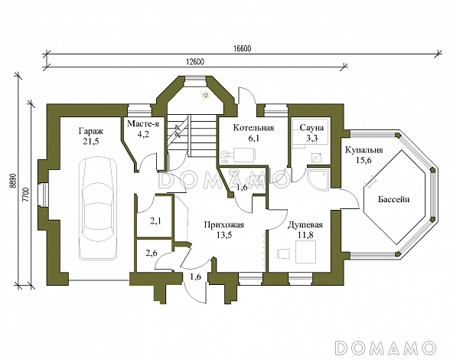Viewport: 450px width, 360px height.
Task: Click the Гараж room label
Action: (90, 132)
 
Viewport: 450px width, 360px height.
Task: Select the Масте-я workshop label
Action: (143, 123)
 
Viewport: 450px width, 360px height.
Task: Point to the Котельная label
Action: (253, 128)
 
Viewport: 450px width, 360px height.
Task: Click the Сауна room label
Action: (311, 128)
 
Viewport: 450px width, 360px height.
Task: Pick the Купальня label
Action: (364, 150)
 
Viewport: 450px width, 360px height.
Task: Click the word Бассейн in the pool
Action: (393, 199)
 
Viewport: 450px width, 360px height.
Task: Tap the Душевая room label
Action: (305, 224)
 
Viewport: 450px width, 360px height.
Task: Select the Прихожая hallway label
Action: (223, 224)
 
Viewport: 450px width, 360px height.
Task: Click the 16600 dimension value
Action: (242, 49)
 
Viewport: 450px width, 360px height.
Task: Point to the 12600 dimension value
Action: (195, 62)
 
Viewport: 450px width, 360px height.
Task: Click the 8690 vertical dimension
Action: (11, 181)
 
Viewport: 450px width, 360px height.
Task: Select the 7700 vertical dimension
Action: (25, 195)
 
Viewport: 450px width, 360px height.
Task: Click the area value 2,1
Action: (155, 221)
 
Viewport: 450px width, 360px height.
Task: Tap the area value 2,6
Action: (152, 253)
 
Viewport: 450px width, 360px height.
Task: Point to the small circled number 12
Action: (205, 95)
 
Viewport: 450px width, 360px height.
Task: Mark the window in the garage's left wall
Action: (44, 195)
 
